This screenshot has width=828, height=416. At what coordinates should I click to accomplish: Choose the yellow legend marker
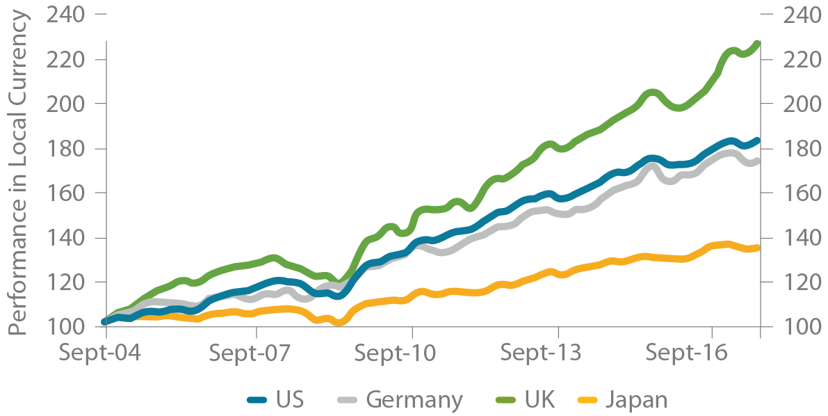tap(584, 394)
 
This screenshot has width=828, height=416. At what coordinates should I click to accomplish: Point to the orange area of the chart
tap(556, 271)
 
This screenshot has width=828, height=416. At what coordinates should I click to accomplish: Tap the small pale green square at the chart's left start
tap(96, 318)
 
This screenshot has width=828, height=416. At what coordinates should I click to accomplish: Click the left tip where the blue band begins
tap(103, 321)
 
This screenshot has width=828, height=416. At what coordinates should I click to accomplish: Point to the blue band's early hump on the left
tap(275, 275)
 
